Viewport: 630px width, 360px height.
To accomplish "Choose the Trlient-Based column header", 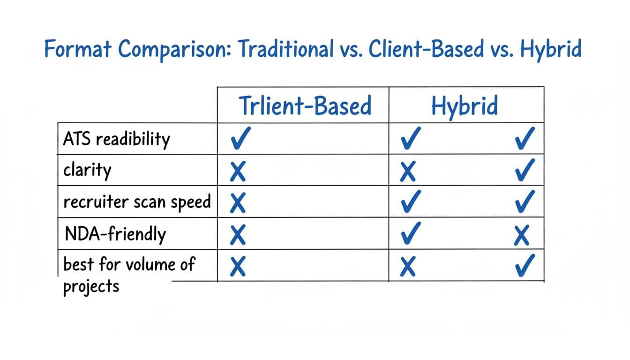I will click(305, 105).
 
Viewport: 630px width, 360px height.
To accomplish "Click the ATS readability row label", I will click(116, 139).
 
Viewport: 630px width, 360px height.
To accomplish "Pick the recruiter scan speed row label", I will click(137, 202).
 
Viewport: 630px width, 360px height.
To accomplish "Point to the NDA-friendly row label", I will click(114, 234).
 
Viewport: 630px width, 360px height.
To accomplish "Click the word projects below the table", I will click(91, 286).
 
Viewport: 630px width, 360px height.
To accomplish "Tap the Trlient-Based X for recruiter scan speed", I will click(238, 204).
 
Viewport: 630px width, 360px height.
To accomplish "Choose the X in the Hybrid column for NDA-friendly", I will click(522, 236).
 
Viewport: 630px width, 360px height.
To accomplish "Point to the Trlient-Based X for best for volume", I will click(238, 267).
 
